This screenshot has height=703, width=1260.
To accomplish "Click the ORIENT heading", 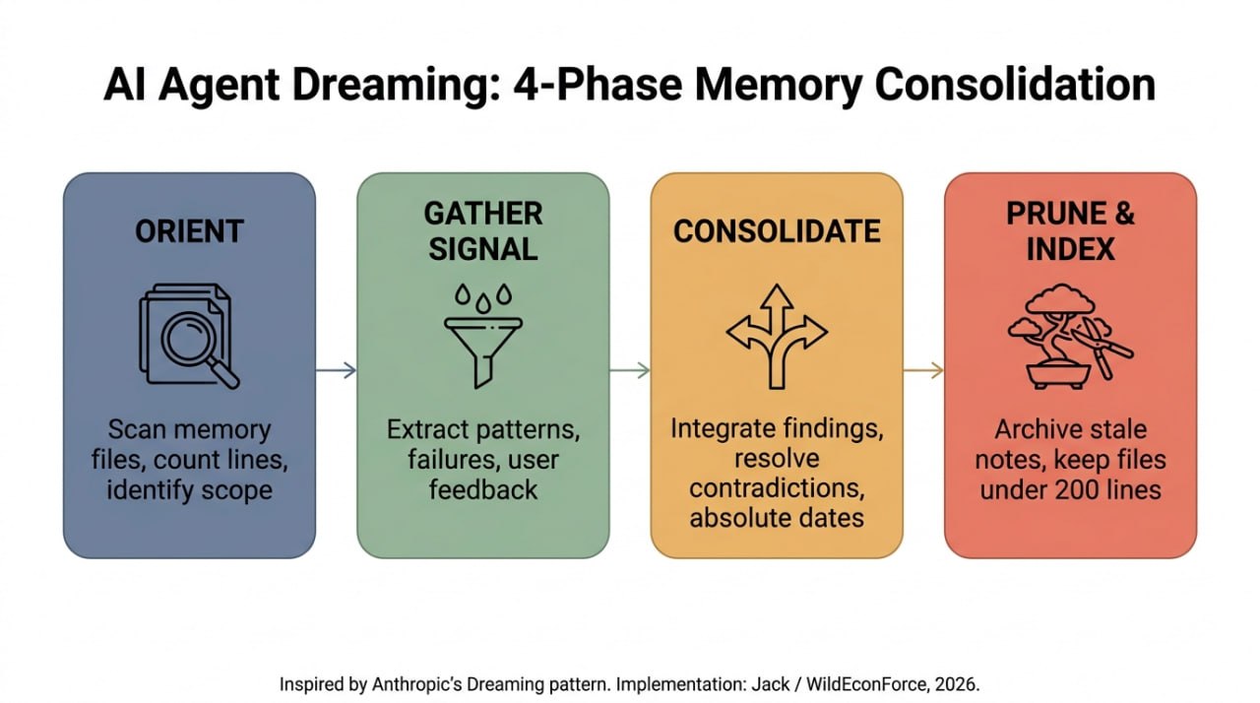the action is (x=189, y=231).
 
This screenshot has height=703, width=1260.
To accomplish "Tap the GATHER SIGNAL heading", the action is (x=483, y=231).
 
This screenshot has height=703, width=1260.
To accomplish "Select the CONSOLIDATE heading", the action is (x=777, y=231).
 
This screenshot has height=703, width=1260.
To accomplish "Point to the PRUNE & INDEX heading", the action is (x=1070, y=231).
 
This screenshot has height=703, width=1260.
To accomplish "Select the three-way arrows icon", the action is (x=777, y=337).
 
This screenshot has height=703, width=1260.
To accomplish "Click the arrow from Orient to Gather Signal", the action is (x=336, y=370).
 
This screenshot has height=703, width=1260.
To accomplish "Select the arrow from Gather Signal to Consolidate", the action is (x=630, y=370).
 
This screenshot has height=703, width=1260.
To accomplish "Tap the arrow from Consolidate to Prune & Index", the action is (x=923, y=370).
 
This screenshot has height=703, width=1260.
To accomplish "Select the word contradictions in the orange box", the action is (x=777, y=488).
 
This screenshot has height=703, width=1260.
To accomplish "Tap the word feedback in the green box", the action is (x=483, y=490).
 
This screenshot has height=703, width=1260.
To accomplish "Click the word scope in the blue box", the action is (x=237, y=491).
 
